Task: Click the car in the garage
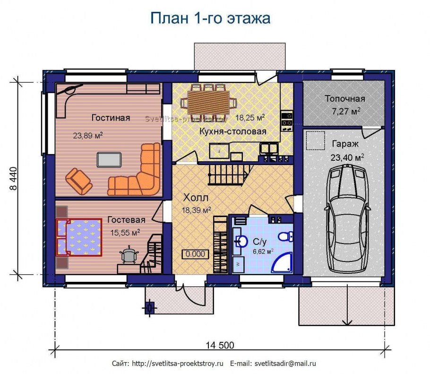(x=347, y=218)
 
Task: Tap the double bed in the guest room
(x=79, y=237)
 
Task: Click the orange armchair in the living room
(x=78, y=181)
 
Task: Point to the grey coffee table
(x=109, y=160)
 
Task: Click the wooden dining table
(x=208, y=103)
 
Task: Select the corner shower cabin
(x=283, y=263)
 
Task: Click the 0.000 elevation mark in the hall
(x=195, y=254)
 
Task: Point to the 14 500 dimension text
(x=220, y=345)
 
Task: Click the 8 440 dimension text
(x=13, y=178)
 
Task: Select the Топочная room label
(x=345, y=98)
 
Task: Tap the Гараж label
(x=345, y=144)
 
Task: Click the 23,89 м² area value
(x=88, y=135)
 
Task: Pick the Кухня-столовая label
(x=232, y=131)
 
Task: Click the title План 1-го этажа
(x=210, y=18)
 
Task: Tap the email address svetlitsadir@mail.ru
(x=285, y=364)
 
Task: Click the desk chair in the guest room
(x=129, y=254)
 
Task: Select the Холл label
(x=196, y=198)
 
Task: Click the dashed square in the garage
(x=315, y=140)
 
